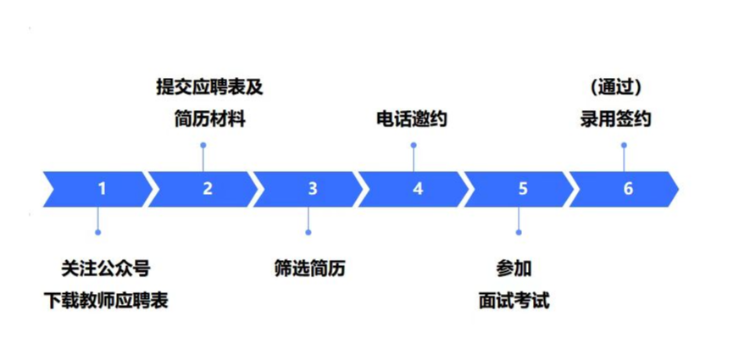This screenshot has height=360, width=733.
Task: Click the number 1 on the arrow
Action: tap(102, 189)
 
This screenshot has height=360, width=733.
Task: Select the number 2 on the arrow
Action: tap(207, 189)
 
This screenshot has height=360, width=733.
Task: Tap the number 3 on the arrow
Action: tap(312, 189)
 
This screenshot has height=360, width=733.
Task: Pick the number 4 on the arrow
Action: tap(417, 189)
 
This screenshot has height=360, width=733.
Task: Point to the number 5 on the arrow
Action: tap(522, 189)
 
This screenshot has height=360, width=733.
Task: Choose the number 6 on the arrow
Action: tap(627, 189)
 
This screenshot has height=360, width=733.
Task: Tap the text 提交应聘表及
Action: tap(204, 87)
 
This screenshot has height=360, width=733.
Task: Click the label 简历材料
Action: tap(204, 119)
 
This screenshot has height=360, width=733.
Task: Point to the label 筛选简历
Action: tap(310, 269)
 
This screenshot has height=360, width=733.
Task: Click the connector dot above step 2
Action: tap(203, 145)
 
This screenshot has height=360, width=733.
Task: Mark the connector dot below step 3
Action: tap(308, 232)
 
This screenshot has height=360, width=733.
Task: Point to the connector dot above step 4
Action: tap(414, 145)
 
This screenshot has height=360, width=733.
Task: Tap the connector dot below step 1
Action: tap(98, 232)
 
